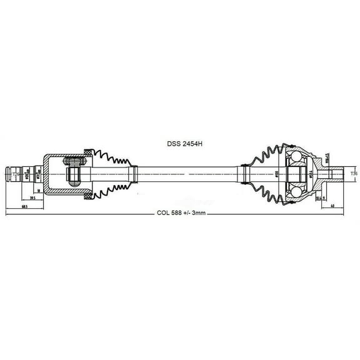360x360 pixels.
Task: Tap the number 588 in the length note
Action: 178,212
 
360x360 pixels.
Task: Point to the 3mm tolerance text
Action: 198,212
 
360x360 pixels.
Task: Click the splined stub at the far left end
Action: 17,172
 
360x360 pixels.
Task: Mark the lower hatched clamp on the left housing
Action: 87,196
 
